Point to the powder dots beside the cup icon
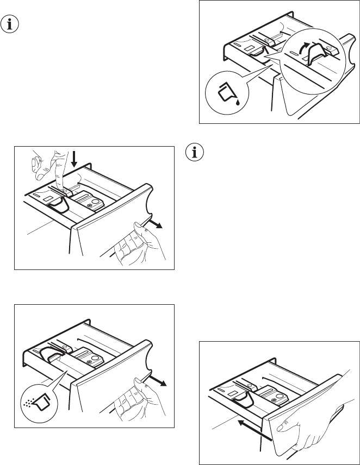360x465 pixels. (x=29, y=405)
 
